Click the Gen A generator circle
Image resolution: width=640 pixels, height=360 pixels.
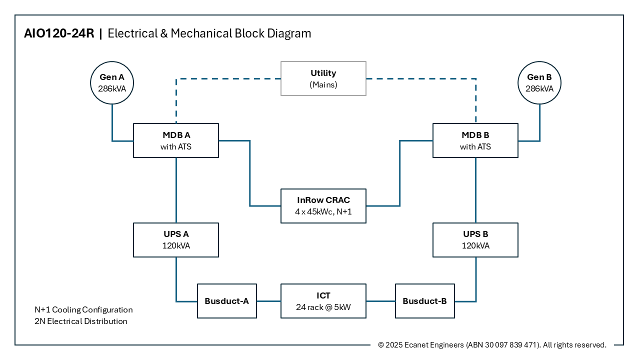pos(112,82)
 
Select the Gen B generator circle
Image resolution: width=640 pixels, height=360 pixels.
pos(539,82)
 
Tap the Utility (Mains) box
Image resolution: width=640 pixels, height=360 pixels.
pos(323,78)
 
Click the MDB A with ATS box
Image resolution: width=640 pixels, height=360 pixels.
pos(176,140)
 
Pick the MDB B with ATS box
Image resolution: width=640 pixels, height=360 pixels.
pos(475,140)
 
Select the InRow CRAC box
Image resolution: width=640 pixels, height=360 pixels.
pos(323,206)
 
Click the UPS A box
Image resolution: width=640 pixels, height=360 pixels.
pos(176,240)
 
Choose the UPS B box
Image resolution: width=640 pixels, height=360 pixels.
pos(475,240)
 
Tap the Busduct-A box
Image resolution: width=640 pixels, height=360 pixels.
pos(227,301)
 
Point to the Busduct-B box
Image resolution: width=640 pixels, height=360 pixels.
pos(425,301)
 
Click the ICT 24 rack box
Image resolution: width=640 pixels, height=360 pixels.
pos(323,301)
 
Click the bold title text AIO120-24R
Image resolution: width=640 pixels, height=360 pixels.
pos(59,33)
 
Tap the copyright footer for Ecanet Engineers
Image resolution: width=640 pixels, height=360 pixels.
pos(492,345)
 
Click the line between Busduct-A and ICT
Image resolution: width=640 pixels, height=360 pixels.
pos(268,301)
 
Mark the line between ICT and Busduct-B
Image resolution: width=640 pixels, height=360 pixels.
pos(380,301)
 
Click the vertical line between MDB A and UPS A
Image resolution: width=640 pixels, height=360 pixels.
pos(176,190)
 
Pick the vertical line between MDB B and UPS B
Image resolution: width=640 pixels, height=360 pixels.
pos(475,190)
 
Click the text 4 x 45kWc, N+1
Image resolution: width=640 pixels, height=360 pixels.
pos(323,212)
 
